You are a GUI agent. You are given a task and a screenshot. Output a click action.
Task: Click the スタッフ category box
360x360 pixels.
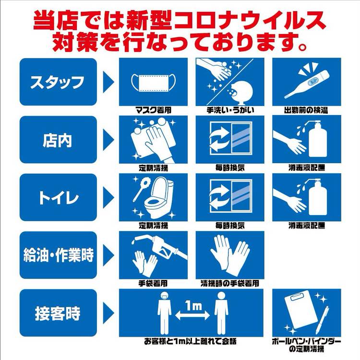click(58, 82)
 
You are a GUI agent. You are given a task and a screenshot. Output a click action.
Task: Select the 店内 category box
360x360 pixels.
click(58, 140)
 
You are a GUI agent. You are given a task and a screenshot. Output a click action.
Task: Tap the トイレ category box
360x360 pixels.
click(58, 197)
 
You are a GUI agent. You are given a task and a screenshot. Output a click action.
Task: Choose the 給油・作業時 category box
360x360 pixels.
click(58, 255)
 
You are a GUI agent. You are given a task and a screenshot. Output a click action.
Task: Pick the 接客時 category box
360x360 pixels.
click(58, 313)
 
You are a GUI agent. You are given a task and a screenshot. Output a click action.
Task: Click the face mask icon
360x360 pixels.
click(154, 82)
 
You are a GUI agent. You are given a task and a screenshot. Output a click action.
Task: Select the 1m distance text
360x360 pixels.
click(193, 306)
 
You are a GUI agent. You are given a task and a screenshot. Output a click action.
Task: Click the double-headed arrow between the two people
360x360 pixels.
click(192, 316)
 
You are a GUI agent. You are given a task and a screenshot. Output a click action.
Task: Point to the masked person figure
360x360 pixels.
click(164, 313)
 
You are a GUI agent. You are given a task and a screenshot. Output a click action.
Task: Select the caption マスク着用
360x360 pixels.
click(154, 110)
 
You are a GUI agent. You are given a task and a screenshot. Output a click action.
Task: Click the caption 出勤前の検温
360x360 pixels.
click(306, 110)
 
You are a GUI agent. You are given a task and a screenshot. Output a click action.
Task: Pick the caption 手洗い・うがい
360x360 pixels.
click(230, 110)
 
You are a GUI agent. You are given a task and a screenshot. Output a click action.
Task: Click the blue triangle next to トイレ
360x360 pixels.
click(108, 197)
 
